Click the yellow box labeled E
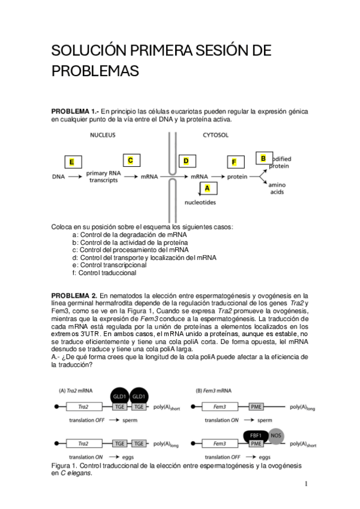point(71,162)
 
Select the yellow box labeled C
point(130,160)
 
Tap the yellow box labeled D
point(186,161)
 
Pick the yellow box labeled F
point(234,162)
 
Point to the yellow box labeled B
point(263,158)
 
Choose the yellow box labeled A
point(208,188)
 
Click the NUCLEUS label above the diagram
point(103,136)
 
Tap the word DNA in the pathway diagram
point(58,177)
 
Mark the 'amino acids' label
point(277,188)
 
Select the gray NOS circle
point(275,435)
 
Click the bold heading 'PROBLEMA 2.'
point(74,296)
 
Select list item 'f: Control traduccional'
point(104,273)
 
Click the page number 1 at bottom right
point(305,484)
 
